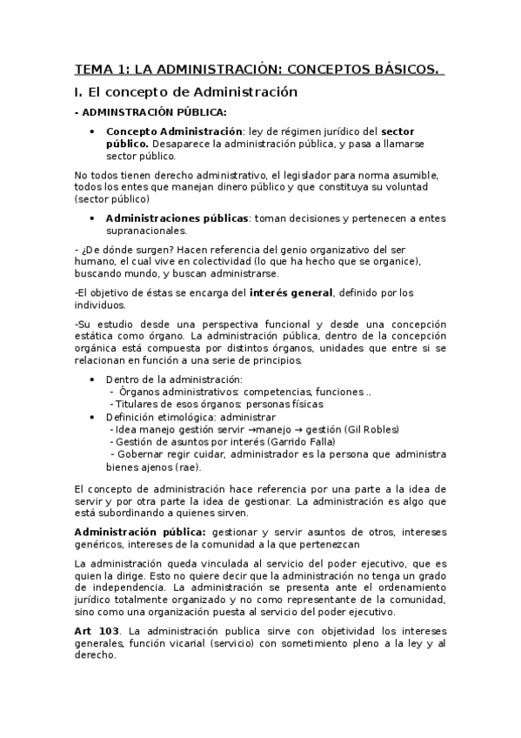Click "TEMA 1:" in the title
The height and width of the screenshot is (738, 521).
pyautogui.click(x=99, y=69)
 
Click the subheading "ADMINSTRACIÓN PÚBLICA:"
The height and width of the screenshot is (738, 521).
pyautogui.click(x=155, y=111)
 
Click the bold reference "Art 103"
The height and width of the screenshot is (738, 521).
pyautogui.click(x=96, y=630)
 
